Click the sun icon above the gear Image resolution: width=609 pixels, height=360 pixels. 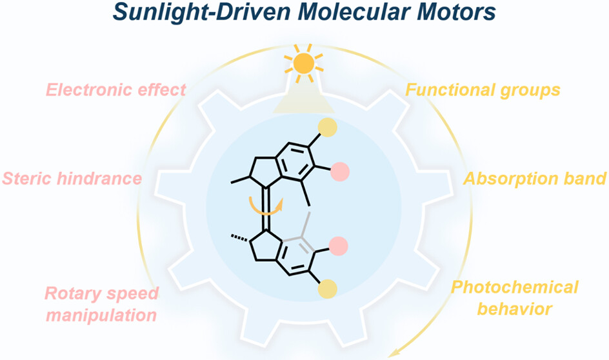tap(304, 63)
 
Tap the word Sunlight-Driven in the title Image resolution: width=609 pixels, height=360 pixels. tap(202, 12)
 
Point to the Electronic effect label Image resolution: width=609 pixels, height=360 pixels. tap(116, 90)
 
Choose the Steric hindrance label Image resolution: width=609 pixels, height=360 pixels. tap(72, 179)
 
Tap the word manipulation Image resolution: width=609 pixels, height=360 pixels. tap(102, 315)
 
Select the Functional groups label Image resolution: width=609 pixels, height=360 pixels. tap(483, 90)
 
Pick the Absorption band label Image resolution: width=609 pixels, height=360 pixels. tap(535, 179)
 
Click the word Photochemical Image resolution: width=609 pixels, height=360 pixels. tap(515, 287)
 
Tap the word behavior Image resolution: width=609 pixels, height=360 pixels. tap(515, 309)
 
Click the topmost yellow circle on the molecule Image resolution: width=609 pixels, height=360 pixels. tap(328, 127)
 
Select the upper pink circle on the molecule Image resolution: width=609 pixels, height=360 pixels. tap(340, 172)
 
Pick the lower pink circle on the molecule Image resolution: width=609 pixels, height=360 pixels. tap(338, 246)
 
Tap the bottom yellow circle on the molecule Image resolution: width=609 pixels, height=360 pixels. tap(328, 290)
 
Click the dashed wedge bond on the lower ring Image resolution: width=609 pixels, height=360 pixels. tap(239, 237)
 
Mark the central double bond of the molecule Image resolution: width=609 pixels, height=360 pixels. tap(266, 209)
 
